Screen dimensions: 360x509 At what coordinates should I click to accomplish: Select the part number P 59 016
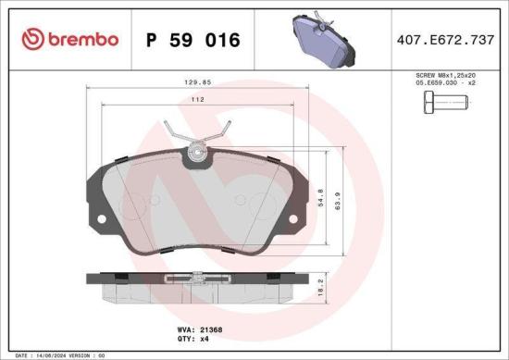(x=192, y=41)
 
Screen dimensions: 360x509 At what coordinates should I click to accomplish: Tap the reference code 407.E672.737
(x=444, y=40)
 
